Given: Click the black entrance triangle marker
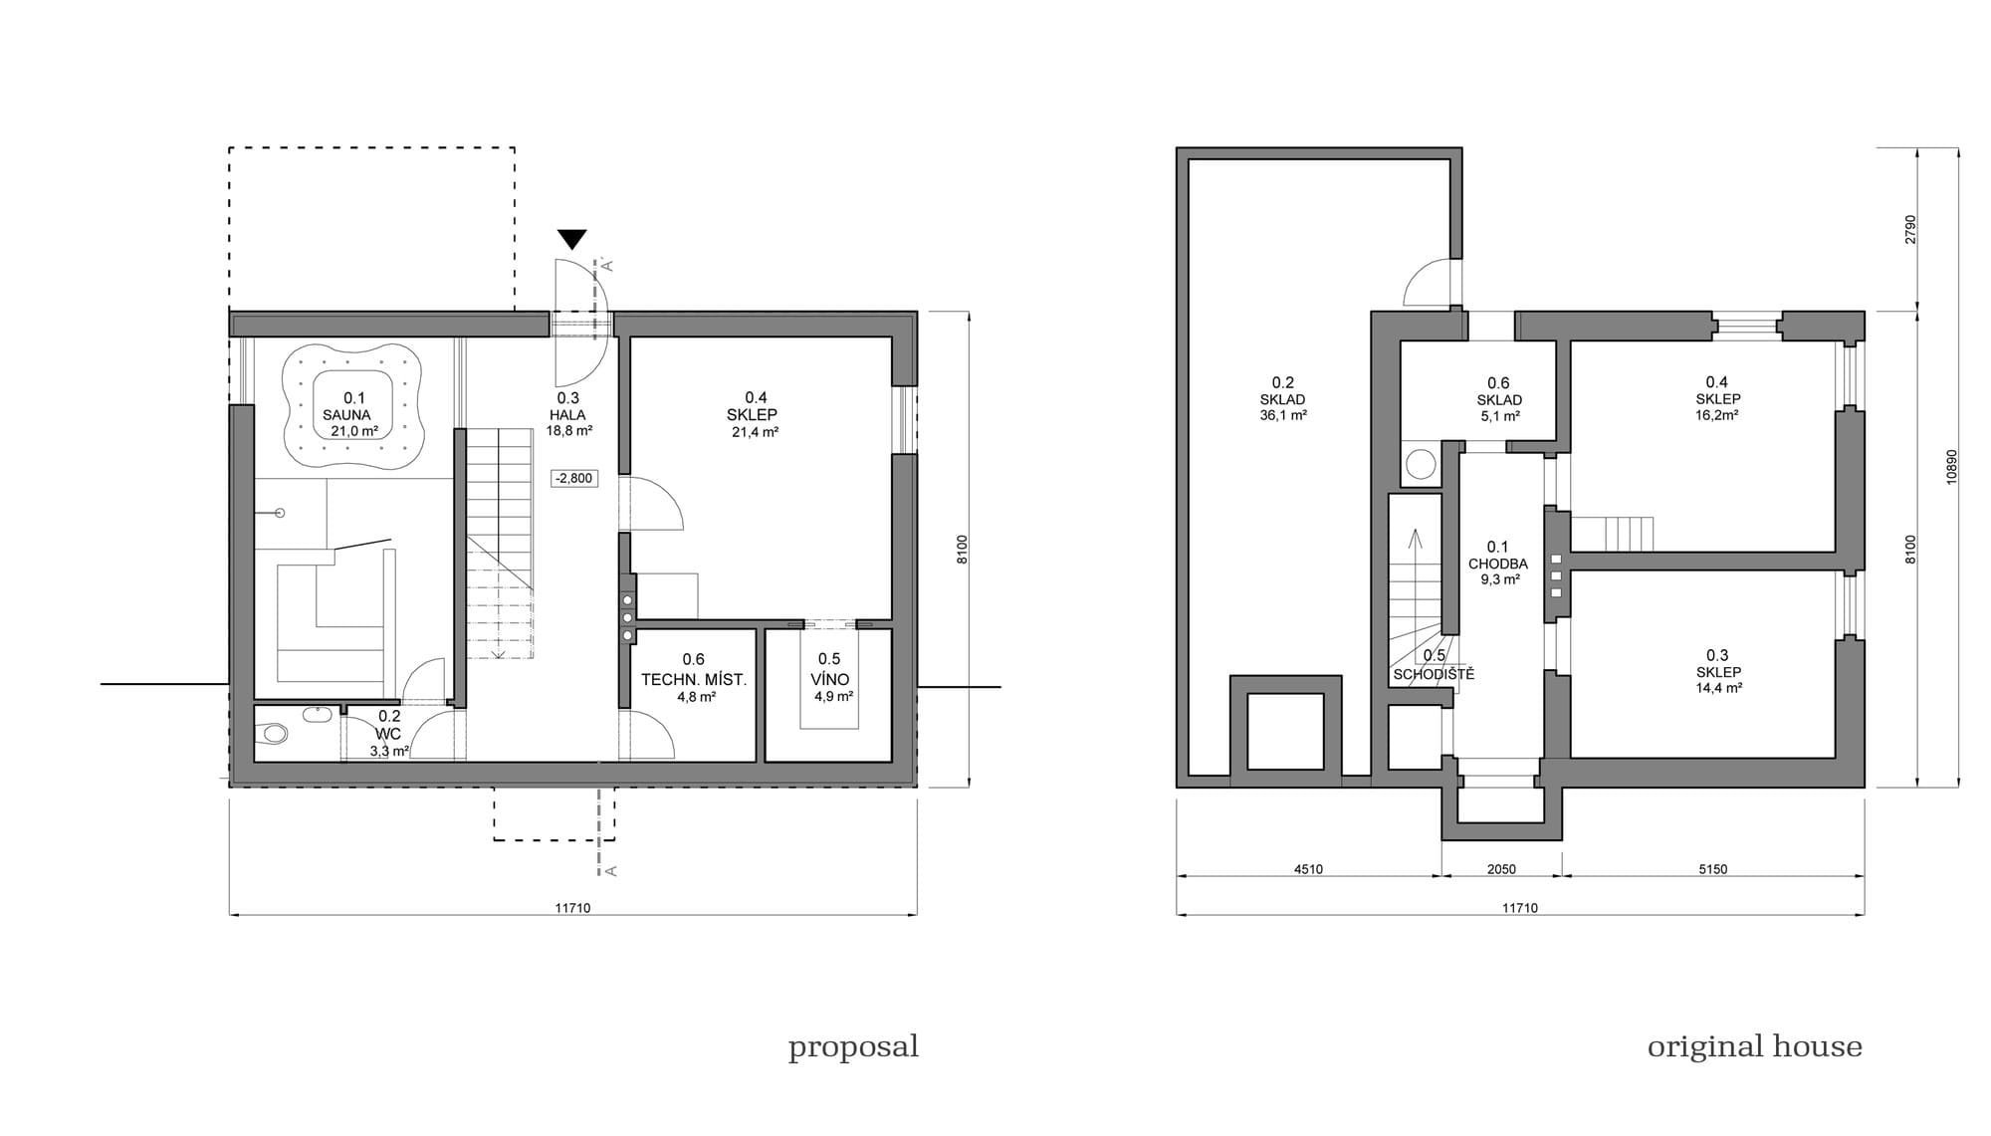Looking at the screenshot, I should pos(571,239).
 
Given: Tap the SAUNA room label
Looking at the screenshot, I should pos(346,415).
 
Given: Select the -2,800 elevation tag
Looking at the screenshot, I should pos(573,478).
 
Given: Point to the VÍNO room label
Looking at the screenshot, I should pos(829,680).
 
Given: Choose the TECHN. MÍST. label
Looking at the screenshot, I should pos(693,680).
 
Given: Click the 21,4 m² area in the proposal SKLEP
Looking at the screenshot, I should pos(754,432).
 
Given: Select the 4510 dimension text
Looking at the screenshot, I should pos(1308,869).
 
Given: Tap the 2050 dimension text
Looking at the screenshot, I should pos(1501,869).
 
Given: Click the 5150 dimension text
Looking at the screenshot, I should pos(1712,869).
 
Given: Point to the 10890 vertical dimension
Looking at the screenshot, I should pos(1951,466).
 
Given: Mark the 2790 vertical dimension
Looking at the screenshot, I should pos(1909,229).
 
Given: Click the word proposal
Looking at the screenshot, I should pos(853,1046).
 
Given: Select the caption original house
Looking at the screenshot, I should pos(1754,1046).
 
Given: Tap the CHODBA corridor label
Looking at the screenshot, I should pos(1497,564).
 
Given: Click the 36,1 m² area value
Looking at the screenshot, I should pos(1282,415).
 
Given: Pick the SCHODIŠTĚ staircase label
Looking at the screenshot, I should pos(1434,674).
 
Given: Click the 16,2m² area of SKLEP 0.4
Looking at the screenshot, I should pos(1717,415).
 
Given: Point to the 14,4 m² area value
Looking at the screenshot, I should pos(1717,687).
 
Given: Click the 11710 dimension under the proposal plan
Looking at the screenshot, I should pos(572,908).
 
